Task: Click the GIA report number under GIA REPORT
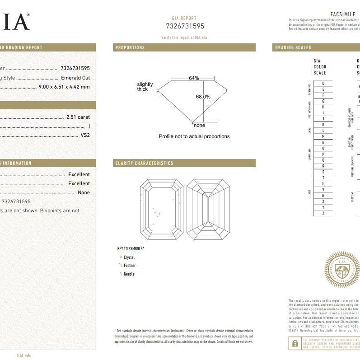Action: click(x=185, y=26)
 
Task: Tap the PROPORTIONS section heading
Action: click(x=130, y=47)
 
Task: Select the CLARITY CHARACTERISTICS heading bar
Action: click(x=144, y=163)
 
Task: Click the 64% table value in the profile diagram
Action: click(x=194, y=78)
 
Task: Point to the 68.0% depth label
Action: click(x=203, y=97)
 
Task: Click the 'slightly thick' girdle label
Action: click(x=145, y=87)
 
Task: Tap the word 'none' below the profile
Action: click(x=199, y=125)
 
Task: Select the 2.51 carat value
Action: click(x=78, y=117)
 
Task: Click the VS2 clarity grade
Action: click(x=85, y=135)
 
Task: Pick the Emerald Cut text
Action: click(x=75, y=78)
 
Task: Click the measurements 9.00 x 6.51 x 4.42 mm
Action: click(x=64, y=87)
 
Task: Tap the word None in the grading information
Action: click(x=84, y=192)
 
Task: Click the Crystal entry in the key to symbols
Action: click(x=129, y=257)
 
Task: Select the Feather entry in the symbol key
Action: click(x=129, y=266)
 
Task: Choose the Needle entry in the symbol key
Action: click(x=129, y=274)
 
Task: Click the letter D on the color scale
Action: click(x=323, y=84)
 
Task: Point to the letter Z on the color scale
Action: click(x=323, y=213)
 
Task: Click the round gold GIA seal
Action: click(x=341, y=269)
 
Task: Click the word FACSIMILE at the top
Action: click(x=343, y=14)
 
